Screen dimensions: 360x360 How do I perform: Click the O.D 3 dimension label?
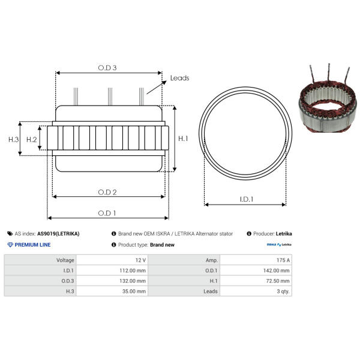point(107,68)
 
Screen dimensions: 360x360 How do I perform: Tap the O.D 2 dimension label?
point(107,192)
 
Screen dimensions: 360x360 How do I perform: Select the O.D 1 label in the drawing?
point(107,213)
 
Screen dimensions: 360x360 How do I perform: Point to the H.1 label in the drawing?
point(183,139)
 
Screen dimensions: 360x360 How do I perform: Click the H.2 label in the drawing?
point(31,139)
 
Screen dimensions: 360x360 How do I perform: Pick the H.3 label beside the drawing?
point(14,139)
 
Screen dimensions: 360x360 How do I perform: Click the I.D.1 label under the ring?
point(247,199)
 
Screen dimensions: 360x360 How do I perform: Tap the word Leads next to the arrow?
point(179,78)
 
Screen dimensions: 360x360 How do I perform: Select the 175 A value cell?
point(256,260)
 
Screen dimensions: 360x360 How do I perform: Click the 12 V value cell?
point(112,260)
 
